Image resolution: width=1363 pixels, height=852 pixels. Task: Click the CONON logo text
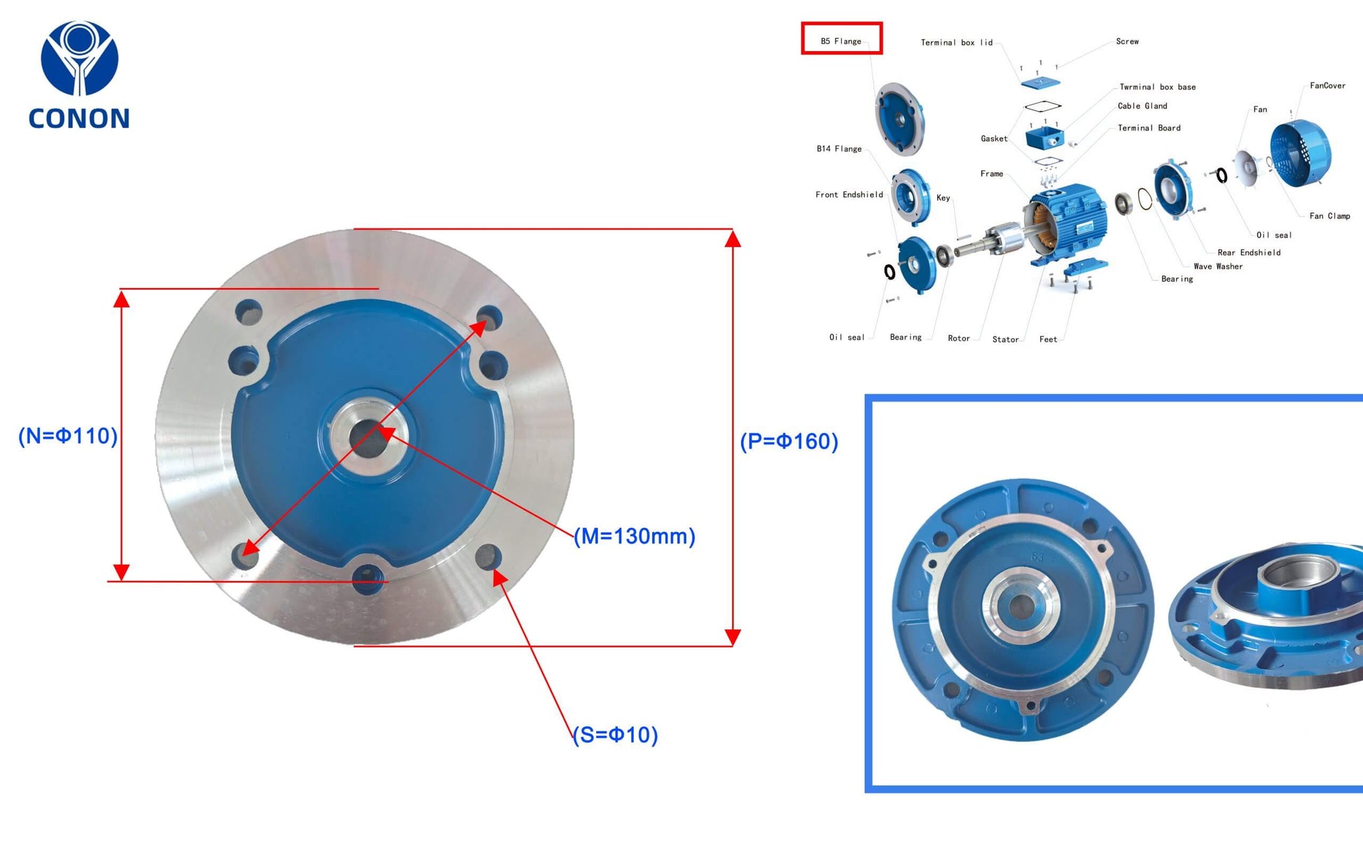(79, 118)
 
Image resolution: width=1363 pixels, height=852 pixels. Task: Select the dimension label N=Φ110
(68, 436)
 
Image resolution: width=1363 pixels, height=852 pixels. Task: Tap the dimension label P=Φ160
(789, 441)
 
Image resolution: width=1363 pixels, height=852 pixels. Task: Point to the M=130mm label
(635, 536)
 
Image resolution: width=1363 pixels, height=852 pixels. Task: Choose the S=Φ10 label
(616, 735)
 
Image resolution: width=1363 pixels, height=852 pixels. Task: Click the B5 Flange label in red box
(841, 41)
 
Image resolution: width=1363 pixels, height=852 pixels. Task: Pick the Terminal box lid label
(956, 43)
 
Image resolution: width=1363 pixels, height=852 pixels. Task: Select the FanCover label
(1327, 85)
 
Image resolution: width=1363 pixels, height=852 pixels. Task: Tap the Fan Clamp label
(1329, 216)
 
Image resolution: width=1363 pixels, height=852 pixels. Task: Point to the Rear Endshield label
(1249, 252)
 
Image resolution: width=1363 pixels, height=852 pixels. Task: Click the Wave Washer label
(1218, 266)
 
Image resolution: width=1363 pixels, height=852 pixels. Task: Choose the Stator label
(1005, 339)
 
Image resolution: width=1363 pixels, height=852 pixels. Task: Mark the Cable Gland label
(1142, 106)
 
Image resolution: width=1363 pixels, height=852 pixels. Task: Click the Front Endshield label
(849, 195)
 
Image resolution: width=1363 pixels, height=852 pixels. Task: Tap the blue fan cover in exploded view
(1301, 153)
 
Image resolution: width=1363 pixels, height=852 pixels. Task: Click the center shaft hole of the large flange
(368, 439)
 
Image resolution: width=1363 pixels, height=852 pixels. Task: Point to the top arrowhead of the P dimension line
(733, 239)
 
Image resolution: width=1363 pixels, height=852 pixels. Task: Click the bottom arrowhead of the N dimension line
(121, 572)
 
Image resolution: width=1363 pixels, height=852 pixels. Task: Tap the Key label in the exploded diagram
(943, 198)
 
